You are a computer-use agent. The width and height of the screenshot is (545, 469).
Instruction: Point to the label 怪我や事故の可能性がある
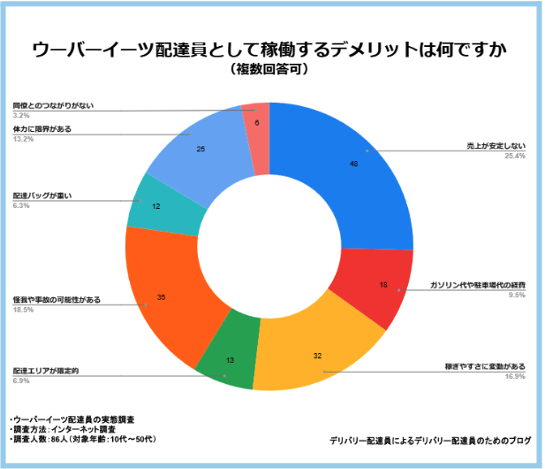click(57, 300)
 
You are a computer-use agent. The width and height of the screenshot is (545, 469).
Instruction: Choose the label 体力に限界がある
click(42, 129)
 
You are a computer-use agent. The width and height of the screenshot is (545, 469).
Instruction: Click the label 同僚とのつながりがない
click(53, 105)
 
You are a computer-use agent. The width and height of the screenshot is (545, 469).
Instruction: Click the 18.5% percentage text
click(23, 311)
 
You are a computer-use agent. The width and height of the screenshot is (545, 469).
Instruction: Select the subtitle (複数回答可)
click(270, 69)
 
